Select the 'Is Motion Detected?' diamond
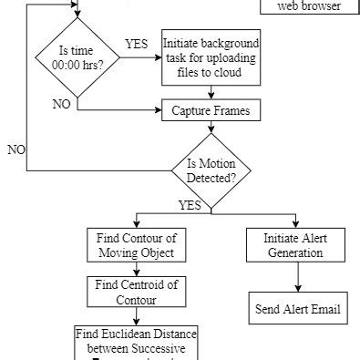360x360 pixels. pyautogui.click(x=211, y=170)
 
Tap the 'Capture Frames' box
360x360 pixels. pyautogui.click(x=211, y=111)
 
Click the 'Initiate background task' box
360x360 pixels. pyautogui.click(x=211, y=60)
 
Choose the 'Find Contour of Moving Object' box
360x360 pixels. pyautogui.click(x=135, y=245)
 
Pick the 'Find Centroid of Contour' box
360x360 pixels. pyautogui.click(x=135, y=291)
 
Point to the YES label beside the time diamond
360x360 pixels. pyautogui.click(x=137, y=44)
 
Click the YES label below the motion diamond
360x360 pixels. pyautogui.click(x=190, y=204)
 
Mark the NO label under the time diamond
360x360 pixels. pyautogui.click(x=62, y=104)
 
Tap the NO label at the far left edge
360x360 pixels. pyautogui.click(x=15, y=149)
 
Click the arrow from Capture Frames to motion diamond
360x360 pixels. pyautogui.click(x=211, y=131)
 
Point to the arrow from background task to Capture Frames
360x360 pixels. pyautogui.click(x=211, y=92)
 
